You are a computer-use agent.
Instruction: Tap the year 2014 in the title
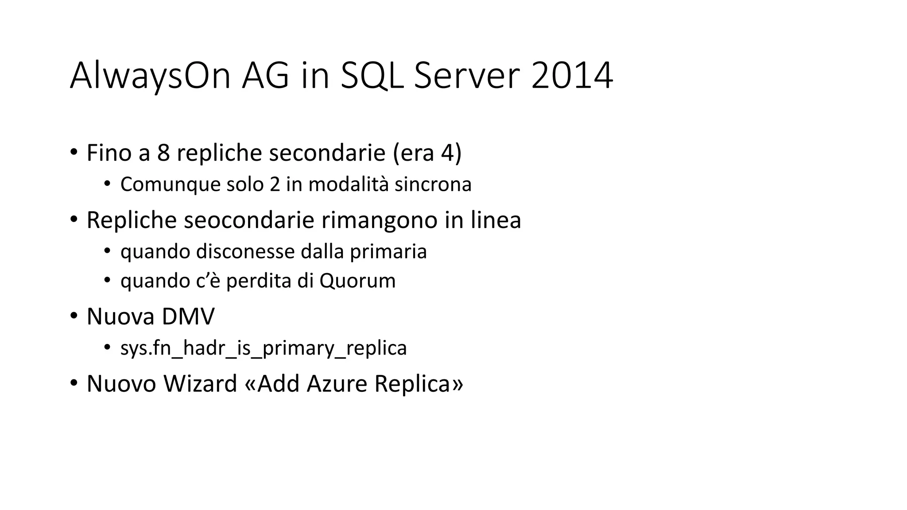(x=572, y=76)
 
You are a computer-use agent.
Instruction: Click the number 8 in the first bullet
(x=163, y=153)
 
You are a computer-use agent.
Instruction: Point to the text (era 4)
(x=427, y=153)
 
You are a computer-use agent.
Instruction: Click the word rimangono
(x=380, y=220)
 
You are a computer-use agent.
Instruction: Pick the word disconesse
(x=245, y=252)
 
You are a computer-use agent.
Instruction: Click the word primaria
(x=388, y=252)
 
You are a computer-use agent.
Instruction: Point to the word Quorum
(x=357, y=281)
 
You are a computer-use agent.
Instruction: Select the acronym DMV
(x=188, y=317)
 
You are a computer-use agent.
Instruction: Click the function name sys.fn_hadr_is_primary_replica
(x=264, y=348)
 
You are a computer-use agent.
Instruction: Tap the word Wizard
(x=200, y=383)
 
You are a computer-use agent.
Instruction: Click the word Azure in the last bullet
(x=337, y=383)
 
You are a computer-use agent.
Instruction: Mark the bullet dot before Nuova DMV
(x=74, y=316)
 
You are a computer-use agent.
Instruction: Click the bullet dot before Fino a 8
(x=74, y=152)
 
